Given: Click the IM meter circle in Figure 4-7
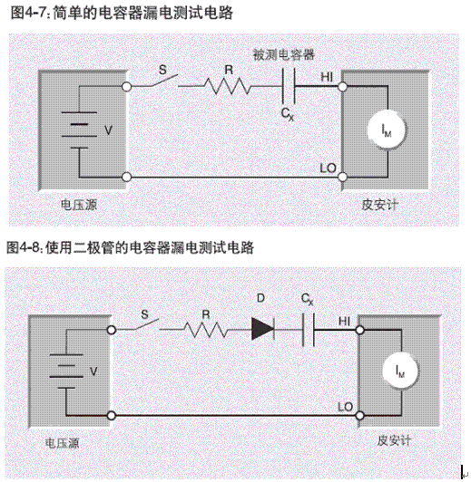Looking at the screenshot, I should pos(384,130).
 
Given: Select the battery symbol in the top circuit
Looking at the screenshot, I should pos(79,130).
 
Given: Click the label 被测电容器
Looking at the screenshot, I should pos(286,54).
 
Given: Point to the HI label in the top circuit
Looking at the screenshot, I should pos(328,78).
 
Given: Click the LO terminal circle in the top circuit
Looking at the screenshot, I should pos(342,178).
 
